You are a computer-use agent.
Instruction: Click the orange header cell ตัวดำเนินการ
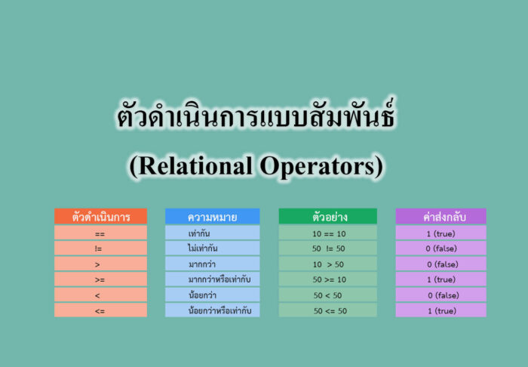click(x=100, y=217)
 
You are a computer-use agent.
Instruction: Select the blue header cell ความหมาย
click(x=212, y=217)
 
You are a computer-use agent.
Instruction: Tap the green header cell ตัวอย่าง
click(x=327, y=217)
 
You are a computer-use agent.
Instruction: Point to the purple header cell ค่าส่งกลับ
click(x=441, y=217)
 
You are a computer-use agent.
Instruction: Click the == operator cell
click(x=100, y=233)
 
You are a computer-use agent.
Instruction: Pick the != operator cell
click(x=100, y=248)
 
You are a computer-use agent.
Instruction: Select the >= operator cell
click(x=100, y=279)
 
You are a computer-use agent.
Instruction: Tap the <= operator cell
click(x=100, y=310)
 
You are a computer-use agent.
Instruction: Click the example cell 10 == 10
click(x=327, y=233)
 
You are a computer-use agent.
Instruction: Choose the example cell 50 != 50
click(x=327, y=248)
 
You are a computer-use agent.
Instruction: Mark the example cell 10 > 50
click(x=327, y=264)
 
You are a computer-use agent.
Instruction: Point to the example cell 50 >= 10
click(x=327, y=279)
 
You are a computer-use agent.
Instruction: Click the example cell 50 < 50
click(x=327, y=295)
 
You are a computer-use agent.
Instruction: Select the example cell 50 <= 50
click(x=327, y=310)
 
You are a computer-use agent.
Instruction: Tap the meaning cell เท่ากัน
click(x=212, y=233)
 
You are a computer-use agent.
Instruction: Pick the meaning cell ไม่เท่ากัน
click(x=212, y=248)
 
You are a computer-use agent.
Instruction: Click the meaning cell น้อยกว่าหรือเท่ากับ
click(x=212, y=310)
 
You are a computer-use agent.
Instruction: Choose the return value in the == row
click(x=441, y=233)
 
